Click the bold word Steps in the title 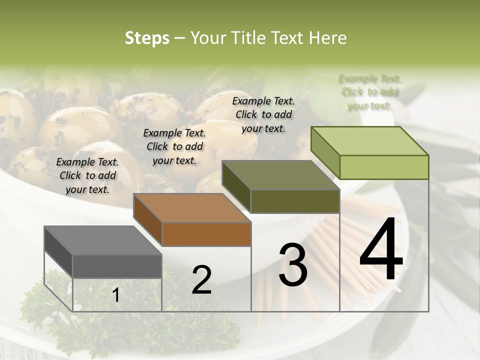point(147,38)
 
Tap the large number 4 point(381,249)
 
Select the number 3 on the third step point(293,265)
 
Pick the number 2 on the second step point(202,280)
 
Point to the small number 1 point(116,295)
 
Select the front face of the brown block point(206,234)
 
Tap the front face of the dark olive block point(295,201)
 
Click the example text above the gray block point(88,175)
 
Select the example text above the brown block point(174,146)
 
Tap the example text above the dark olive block point(263,114)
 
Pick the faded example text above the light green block point(370,92)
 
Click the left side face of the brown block point(148,219)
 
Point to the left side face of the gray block point(58,252)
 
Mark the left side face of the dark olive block point(236,187)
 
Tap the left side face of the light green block point(325,152)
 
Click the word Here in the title point(328,38)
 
